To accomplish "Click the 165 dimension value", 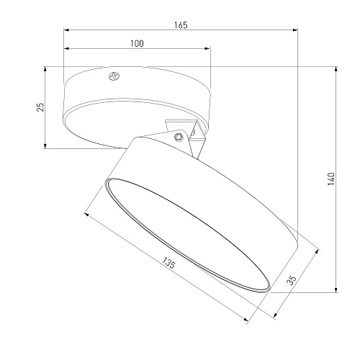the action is (x=181, y=25).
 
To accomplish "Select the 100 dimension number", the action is (x=137, y=44).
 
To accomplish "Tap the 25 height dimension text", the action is (x=40, y=107).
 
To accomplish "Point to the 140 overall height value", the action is (x=330, y=179).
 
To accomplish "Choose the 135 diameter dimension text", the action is (x=169, y=263).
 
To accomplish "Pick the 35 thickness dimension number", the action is (x=292, y=280).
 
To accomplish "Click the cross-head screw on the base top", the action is (x=114, y=76).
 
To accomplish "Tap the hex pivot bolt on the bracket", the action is (x=179, y=137).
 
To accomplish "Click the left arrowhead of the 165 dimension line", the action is (x=66, y=30).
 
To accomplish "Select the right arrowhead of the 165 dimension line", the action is (x=295, y=30).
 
